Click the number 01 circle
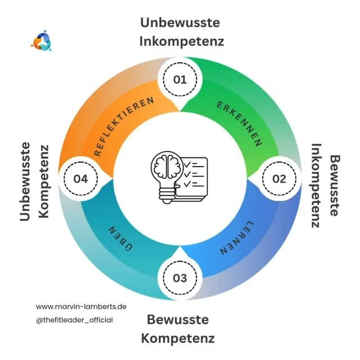coord(179,80)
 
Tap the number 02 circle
coord(279,179)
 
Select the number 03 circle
coord(179,278)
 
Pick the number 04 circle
coord(80,179)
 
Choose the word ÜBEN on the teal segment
coord(119,238)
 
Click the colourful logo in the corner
coord(41,42)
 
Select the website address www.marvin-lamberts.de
coord(81,307)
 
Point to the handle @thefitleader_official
coord(74,319)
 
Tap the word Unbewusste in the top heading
coord(180,22)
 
